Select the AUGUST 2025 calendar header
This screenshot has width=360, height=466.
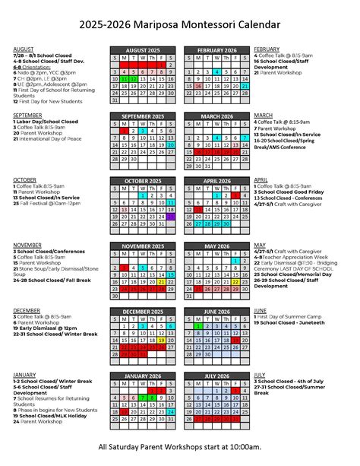(x=143, y=50)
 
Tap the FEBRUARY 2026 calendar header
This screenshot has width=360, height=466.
(x=217, y=50)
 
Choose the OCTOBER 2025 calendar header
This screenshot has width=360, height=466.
(x=143, y=181)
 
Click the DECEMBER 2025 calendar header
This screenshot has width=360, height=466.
(x=143, y=311)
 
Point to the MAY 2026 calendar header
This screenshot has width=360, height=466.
(x=217, y=246)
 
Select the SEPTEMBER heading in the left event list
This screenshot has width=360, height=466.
(x=27, y=115)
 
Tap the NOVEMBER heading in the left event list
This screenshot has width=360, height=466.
(x=27, y=245)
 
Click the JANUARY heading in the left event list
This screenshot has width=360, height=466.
(x=24, y=375)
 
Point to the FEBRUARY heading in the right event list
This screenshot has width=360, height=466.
(x=267, y=49)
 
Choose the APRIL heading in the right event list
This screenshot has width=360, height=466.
(x=261, y=180)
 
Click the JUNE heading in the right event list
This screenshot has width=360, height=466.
(x=260, y=310)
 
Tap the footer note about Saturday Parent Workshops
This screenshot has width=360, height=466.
(x=180, y=446)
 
